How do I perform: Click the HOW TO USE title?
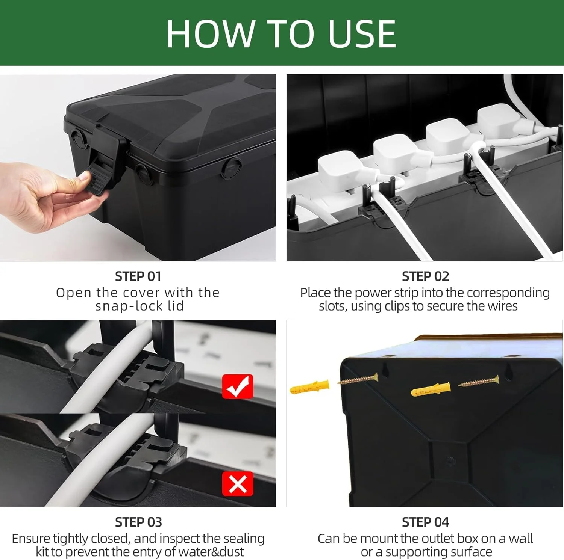[281, 33]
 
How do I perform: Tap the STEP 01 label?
[138, 276]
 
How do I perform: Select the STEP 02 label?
[425, 276]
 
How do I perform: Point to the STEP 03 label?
[138, 522]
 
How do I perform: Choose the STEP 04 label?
[425, 522]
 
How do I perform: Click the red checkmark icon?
[238, 386]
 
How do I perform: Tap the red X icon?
[238, 484]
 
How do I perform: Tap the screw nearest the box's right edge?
[479, 381]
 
